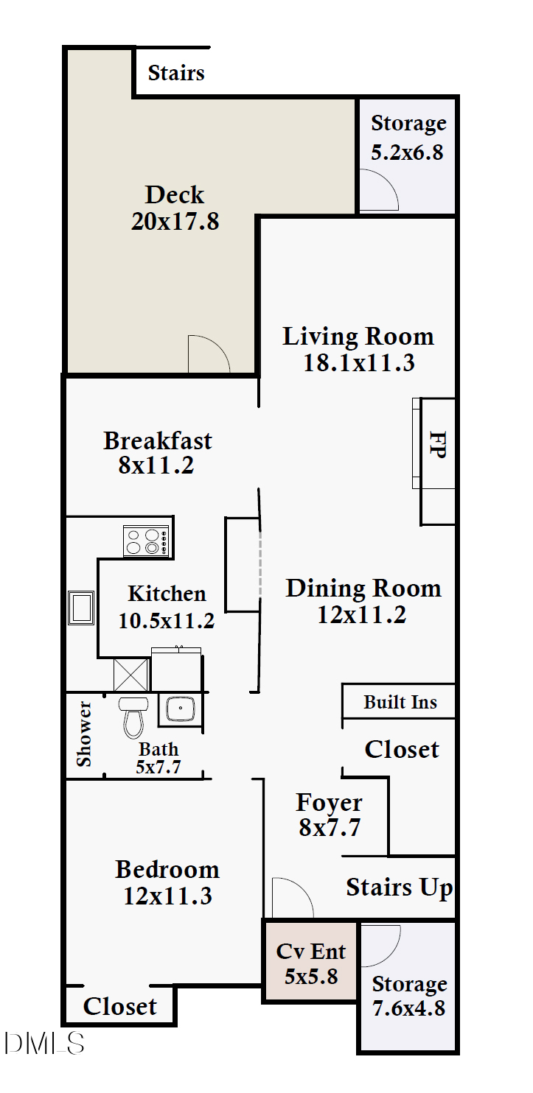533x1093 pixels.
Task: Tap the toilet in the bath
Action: (x=133, y=717)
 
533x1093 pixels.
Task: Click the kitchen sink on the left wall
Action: (x=80, y=608)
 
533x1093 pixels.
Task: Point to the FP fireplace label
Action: (x=437, y=445)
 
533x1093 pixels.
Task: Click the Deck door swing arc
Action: (x=209, y=354)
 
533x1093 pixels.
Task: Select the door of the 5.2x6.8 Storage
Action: (x=377, y=191)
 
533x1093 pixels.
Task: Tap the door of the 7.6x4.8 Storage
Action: (x=380, y=945)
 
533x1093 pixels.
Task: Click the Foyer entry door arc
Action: (x=292, y=898)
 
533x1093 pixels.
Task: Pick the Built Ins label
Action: (x=400, y=703)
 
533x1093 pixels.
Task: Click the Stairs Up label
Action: (x=399, y=888)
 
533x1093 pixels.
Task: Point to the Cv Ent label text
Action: (x=310, y=951)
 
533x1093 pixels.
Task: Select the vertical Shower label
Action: (x=85, y=734)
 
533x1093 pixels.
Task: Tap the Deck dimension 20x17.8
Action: (x=175, y=221)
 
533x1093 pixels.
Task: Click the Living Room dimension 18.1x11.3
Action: (x=358, y=362)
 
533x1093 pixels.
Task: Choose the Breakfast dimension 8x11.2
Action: (x=156, y=465)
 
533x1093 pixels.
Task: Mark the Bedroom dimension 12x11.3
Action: (x=167, y=896)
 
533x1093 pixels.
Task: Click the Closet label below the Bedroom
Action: (x=119, y=1007)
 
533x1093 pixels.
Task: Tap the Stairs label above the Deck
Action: (x=176, y=73)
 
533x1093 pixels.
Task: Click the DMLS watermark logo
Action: (x=44, y=1043)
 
